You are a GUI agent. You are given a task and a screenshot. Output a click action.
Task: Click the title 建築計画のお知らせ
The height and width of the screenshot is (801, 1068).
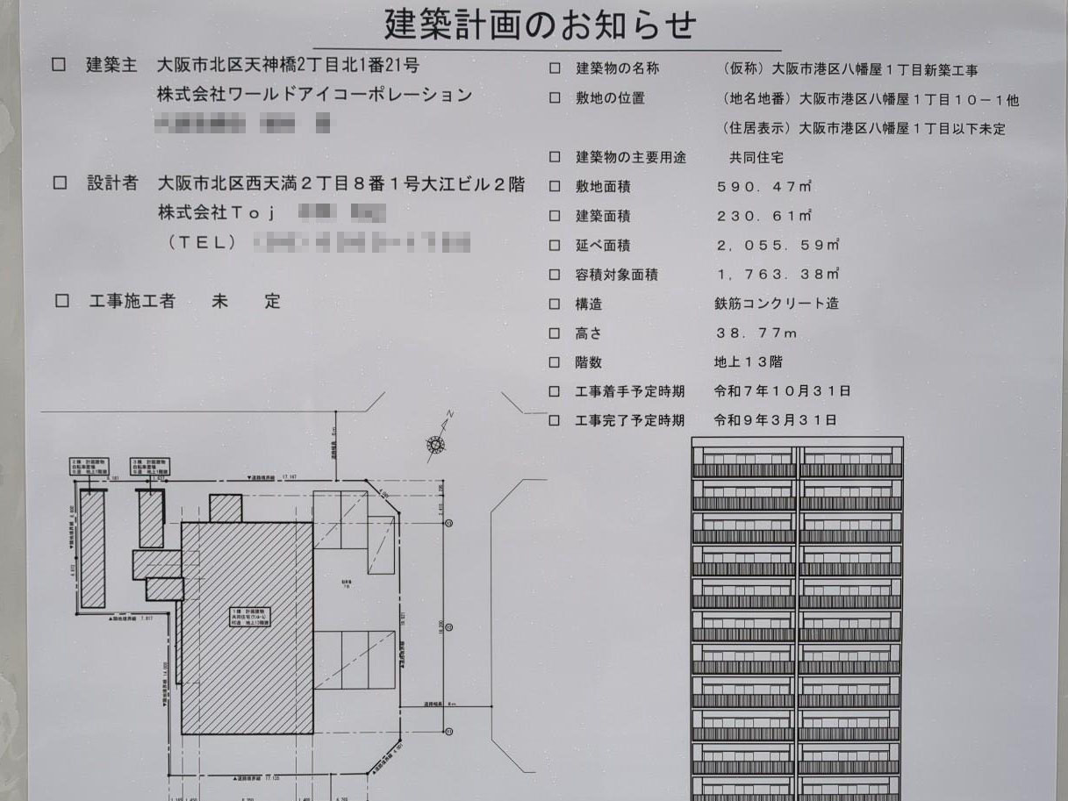[539, 25]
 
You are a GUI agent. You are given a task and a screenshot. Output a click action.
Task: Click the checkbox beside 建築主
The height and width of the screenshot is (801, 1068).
[60, 65]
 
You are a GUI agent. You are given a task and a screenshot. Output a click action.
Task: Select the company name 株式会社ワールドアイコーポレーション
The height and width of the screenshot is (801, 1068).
[314, 95]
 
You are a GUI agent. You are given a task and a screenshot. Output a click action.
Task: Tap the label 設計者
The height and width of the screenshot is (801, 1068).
[112, 183]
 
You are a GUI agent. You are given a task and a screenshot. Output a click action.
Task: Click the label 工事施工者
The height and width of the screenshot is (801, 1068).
[132, 301]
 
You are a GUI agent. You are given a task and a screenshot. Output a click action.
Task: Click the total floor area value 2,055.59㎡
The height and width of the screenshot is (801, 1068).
[778, 246]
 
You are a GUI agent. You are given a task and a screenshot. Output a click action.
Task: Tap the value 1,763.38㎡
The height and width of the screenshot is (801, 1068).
[778, 275]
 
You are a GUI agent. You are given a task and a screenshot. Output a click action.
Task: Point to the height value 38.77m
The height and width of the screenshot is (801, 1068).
[757, 333]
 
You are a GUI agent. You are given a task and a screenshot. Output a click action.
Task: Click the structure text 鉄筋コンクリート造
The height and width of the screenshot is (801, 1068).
[777, 304]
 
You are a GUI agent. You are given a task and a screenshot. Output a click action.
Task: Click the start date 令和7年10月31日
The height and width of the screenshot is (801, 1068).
[783, 391]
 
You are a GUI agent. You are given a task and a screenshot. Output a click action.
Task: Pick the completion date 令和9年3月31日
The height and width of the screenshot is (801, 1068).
[776, 420]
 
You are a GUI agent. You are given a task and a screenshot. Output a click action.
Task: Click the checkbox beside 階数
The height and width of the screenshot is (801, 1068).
[555, 362]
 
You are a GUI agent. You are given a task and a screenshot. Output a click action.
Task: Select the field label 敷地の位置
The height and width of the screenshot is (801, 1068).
[610, 98]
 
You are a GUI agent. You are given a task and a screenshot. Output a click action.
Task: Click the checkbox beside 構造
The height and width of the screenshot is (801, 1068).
[555, 304]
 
